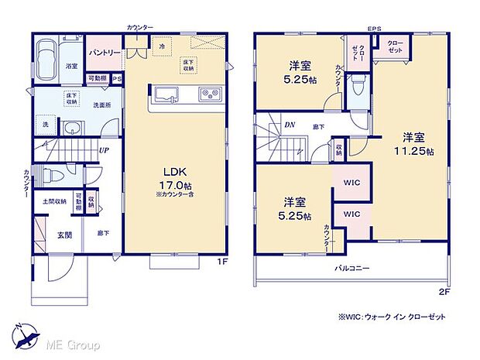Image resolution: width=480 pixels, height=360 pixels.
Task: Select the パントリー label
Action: tap(104, 52)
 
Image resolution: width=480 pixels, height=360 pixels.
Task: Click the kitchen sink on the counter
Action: tap(167, 96)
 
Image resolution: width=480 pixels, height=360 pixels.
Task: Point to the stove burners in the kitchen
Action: tap(209, 96)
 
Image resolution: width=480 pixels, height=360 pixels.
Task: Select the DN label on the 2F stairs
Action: tap(287, 123)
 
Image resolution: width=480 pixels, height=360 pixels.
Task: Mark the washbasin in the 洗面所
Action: tap(71, 129)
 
